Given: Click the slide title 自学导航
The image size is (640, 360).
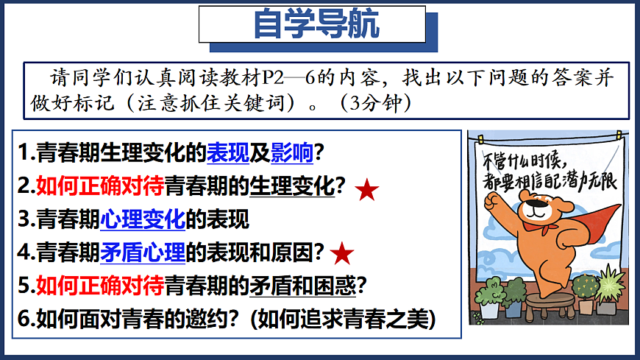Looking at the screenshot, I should click(316, 24).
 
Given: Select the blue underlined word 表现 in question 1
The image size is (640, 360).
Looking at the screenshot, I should click(223, 153).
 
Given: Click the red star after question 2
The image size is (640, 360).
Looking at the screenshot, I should click(367, 191).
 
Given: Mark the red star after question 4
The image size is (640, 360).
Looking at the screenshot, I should click(342, 254).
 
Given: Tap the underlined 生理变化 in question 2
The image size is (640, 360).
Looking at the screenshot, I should click(292, 186).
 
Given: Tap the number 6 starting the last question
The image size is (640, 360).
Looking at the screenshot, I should click(23, 318).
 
